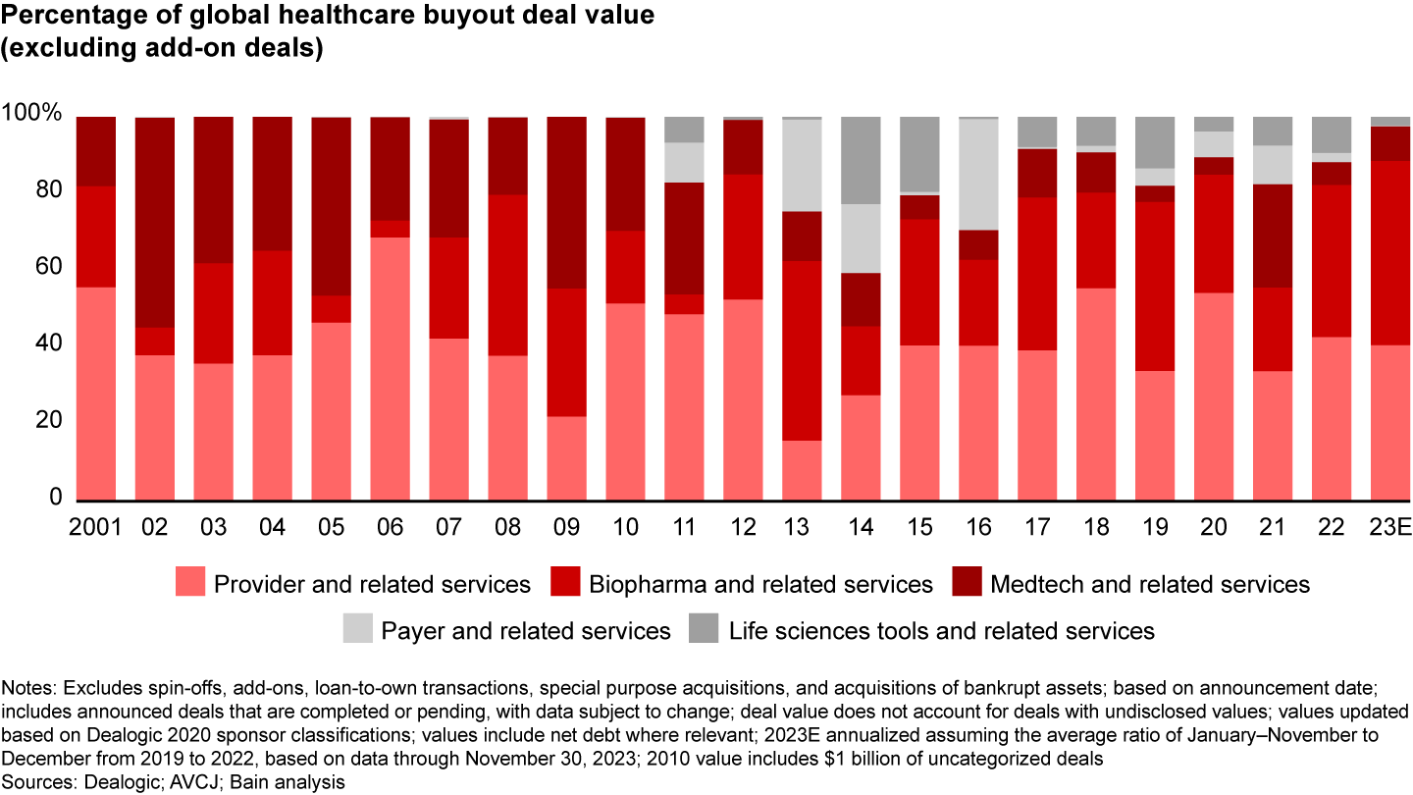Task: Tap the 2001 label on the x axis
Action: coord(96,527)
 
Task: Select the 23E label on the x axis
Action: coord(1390,527)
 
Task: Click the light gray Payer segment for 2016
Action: coord(978,174)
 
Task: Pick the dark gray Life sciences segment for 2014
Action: coord(861,160)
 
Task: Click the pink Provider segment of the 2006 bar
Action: coord(390,368)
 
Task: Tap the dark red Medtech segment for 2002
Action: coord(154,222)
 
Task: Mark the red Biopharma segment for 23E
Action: coord(1390,252)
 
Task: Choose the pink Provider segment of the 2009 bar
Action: coord(566,457)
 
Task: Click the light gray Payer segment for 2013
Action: coord(802,165)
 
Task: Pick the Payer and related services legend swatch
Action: coord(358,629)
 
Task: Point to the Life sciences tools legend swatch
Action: coord(706,629)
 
